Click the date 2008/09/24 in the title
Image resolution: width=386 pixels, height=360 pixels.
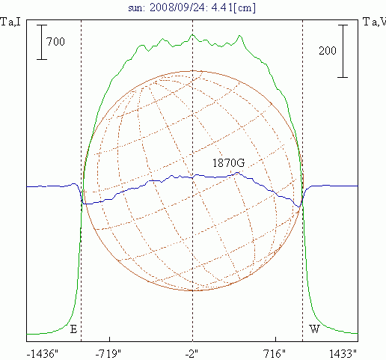pos(179,7)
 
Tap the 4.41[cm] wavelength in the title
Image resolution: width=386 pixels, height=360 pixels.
pos(233,7)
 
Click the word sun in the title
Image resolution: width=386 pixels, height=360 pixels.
pos(136,8)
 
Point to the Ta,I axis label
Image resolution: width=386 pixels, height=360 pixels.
pos(10,22)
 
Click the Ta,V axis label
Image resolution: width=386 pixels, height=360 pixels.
pos(375,22)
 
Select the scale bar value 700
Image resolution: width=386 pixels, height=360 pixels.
pos(55,41)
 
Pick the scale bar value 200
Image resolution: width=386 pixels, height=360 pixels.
pos(328,51)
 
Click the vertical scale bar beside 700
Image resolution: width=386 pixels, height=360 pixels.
pos(42,42)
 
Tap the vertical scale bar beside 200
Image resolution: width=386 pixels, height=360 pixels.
pos(343,51)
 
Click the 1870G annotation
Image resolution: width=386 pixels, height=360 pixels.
pos(228,163)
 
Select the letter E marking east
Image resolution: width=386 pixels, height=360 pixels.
pos(73,329)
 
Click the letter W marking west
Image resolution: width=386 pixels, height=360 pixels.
pos(314,329)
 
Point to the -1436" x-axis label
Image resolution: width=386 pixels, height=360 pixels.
pos(42,354)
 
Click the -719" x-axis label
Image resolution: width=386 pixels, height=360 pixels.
pos(108,354)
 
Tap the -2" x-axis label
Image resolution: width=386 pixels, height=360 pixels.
pos(192,354)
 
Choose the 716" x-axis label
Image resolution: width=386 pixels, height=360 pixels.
pos(275,354)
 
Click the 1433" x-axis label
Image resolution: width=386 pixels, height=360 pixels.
pos(343,354)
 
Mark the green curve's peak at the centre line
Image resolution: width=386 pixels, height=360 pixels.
pos(192,34)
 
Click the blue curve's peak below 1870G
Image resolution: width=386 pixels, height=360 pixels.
pos(238,172)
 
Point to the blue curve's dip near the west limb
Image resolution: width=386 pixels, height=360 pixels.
pos(298,207)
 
